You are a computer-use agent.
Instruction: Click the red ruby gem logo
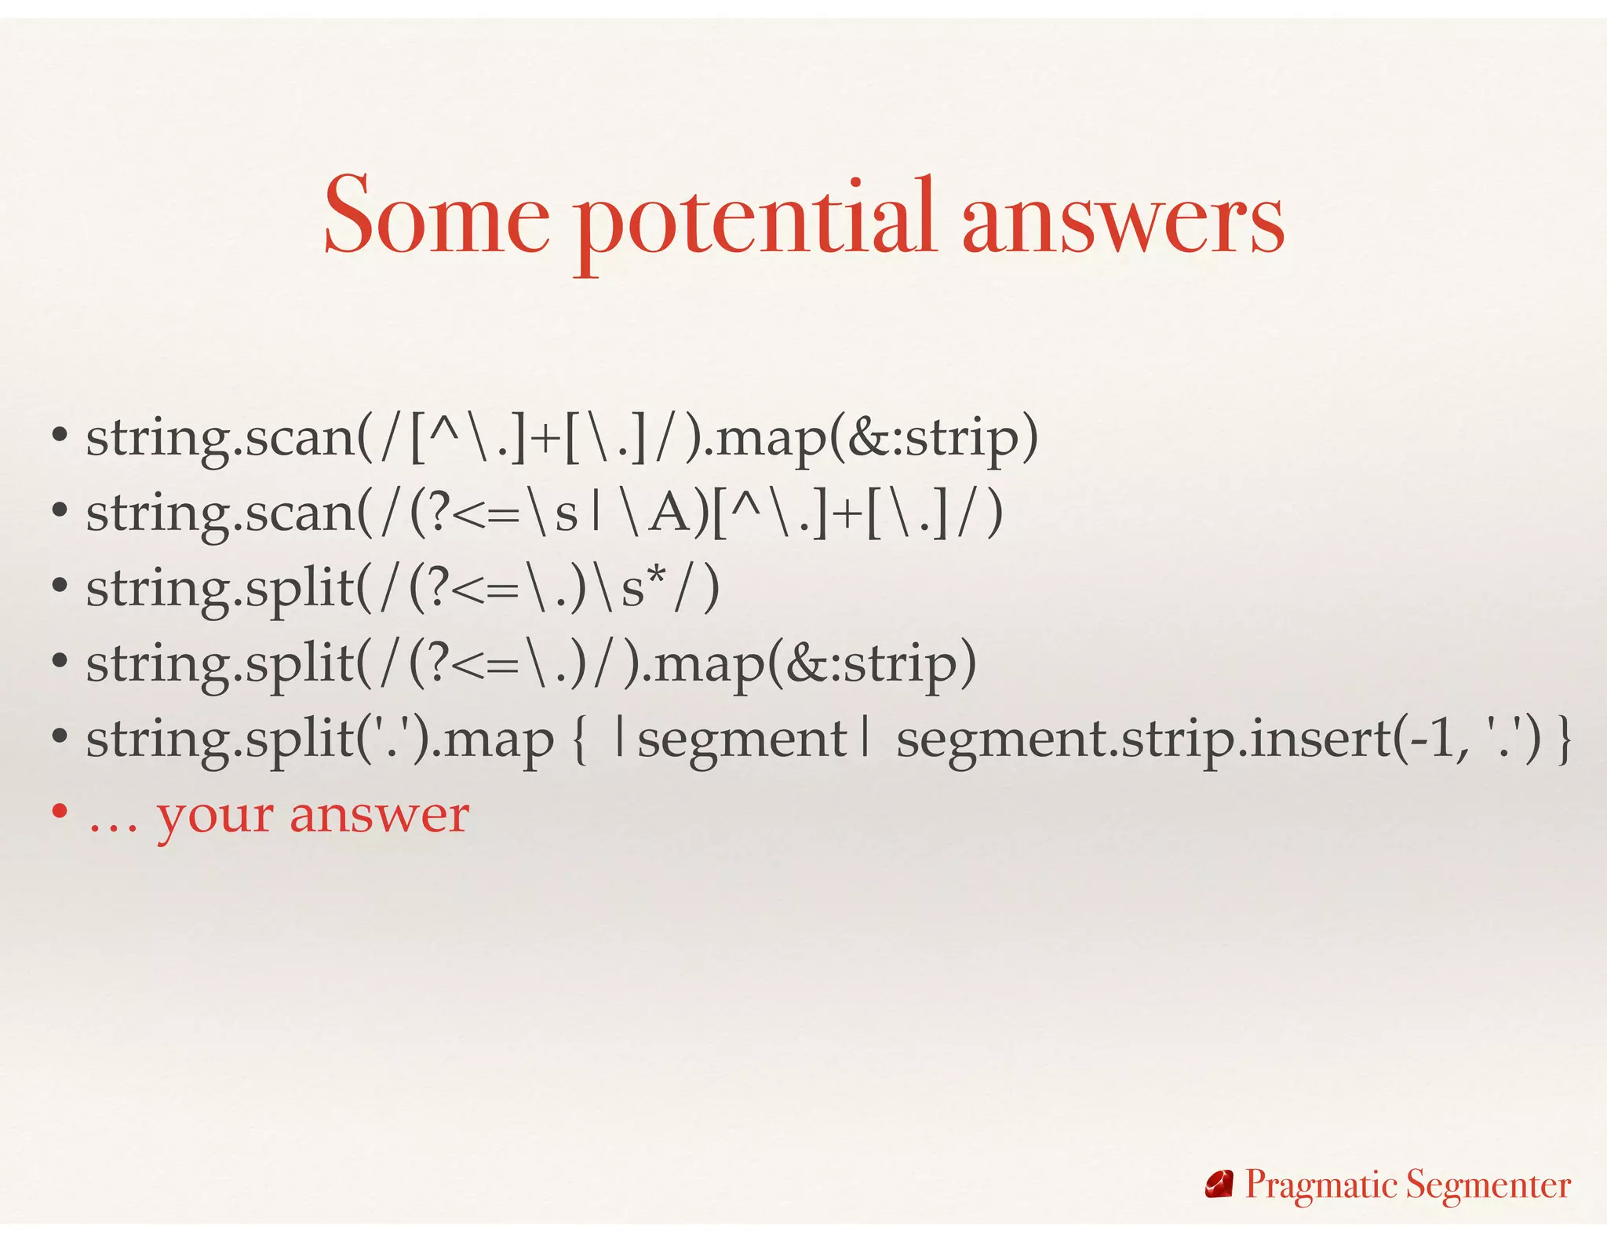click(x=1219, y=1185)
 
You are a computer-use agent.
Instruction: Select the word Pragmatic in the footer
click(x=1321, y=1185)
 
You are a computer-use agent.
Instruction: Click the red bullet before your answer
click(x=60, y=812)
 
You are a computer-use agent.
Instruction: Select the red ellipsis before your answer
click(x=112, y=824)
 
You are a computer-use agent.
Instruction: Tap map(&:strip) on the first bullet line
click(x=876, y=438)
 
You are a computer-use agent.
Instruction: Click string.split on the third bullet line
click(x=220, y=589)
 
